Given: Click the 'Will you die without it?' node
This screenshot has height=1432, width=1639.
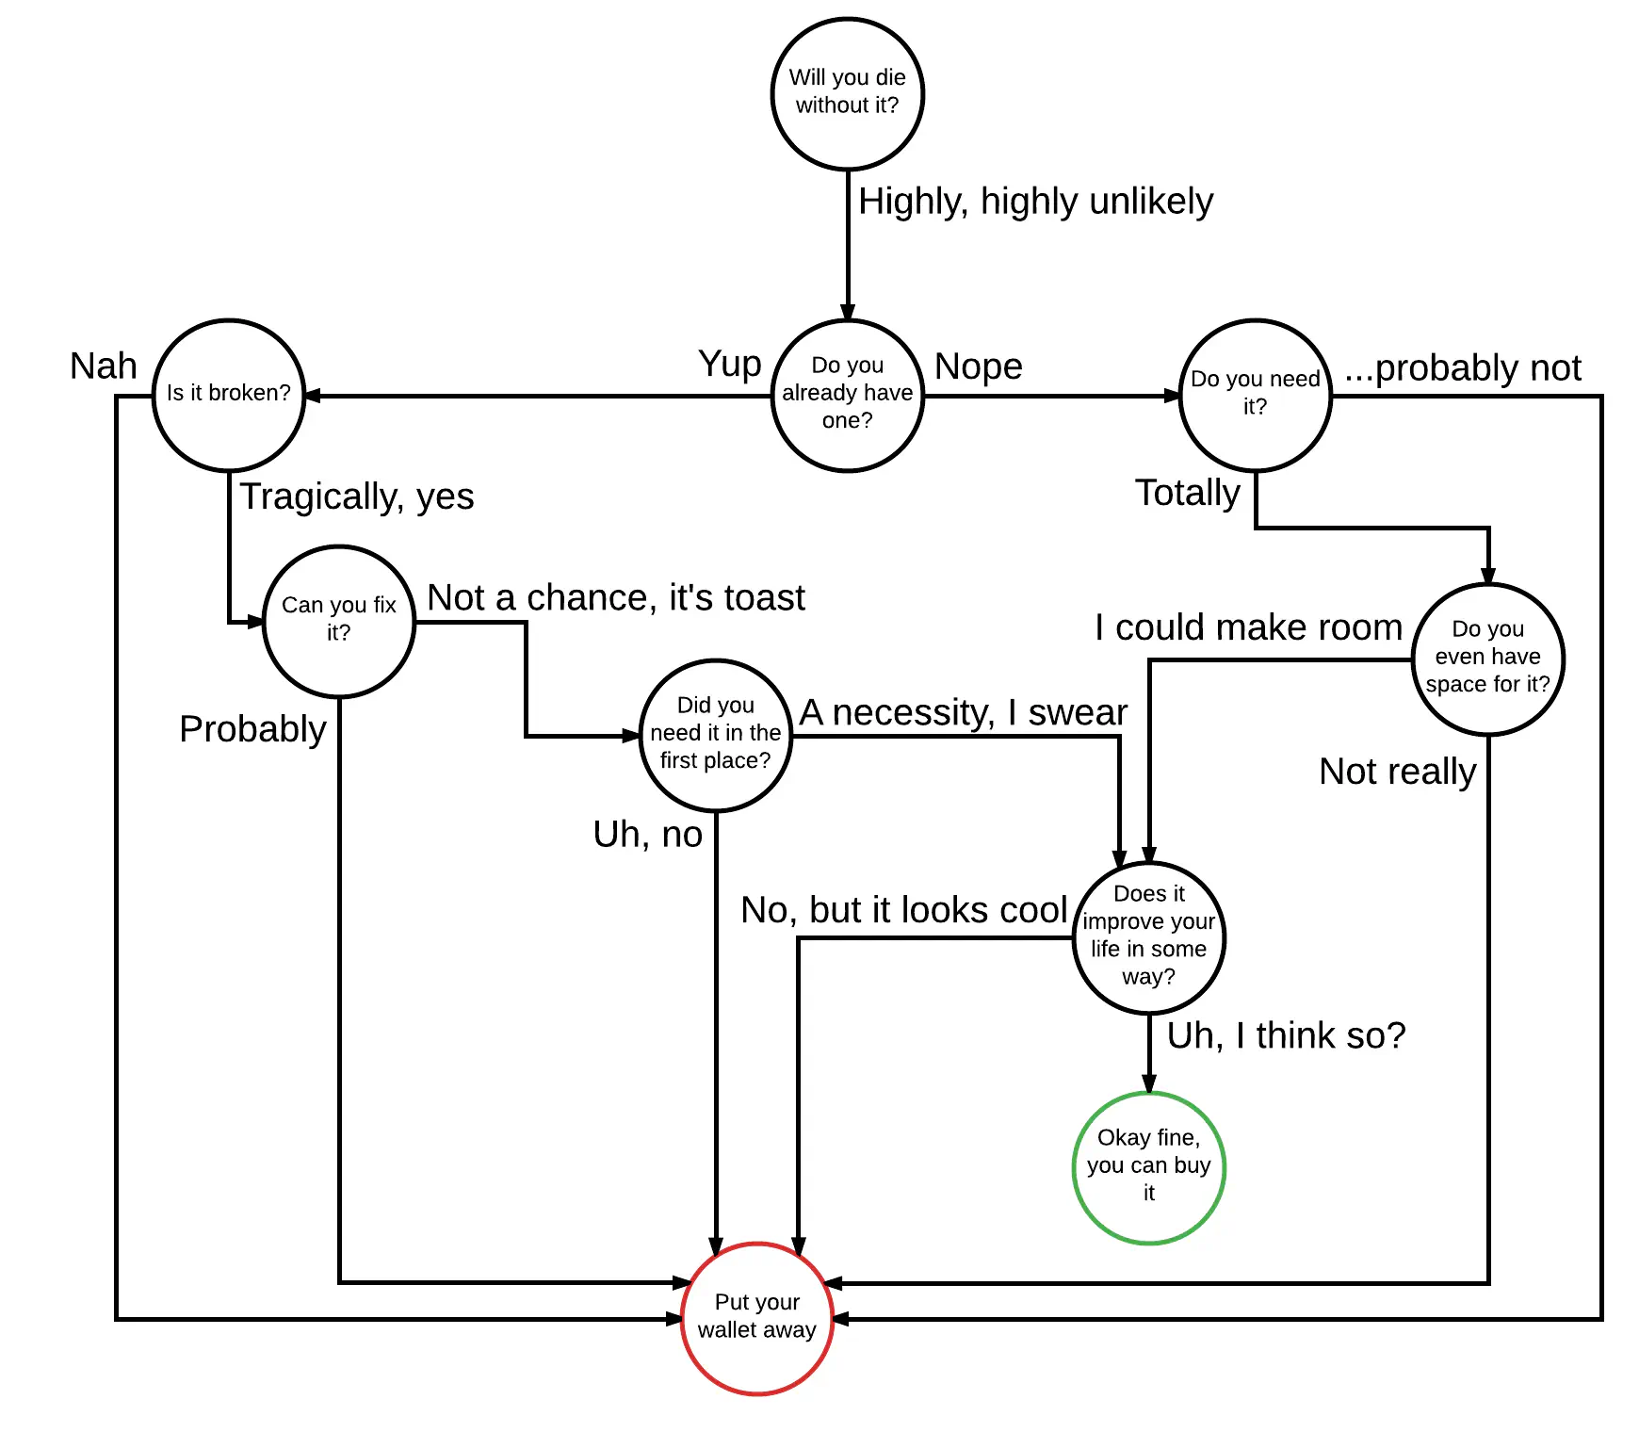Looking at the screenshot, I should coord(848,94).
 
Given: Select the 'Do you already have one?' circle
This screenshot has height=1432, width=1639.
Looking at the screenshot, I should coord(848,395).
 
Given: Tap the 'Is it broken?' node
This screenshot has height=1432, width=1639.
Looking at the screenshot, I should coord(229,395).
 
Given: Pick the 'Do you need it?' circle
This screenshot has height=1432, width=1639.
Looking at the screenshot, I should coord(1256,395).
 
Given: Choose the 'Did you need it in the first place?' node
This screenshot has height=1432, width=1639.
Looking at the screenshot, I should coord(716,735).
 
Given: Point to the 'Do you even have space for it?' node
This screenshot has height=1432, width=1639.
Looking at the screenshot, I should coord(1488,659).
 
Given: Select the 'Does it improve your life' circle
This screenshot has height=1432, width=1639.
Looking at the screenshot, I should coord(1149,937).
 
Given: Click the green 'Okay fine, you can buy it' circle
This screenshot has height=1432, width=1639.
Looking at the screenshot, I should coord(1149,1167).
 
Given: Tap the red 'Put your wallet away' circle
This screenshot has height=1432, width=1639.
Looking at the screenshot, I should coord(757,1318).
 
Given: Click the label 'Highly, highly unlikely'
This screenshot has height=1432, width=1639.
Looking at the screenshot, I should coord(1035,202).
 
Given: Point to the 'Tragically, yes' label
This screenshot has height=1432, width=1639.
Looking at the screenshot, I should coord(357,496).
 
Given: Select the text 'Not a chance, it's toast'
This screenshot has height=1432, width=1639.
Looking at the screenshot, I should coord(616,597).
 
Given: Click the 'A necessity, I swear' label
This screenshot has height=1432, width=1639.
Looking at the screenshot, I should coord(963,712).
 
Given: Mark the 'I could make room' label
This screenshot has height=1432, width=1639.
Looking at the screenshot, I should coord(1248,627).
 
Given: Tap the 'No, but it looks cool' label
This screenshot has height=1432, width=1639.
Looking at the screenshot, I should coord(904,910).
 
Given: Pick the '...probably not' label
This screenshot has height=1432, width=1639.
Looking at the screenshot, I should coord(1463,368).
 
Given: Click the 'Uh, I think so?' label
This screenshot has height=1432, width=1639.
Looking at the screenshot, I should coord(1286,1035).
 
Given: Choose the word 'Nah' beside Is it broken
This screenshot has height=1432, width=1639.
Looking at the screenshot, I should coord(104,366).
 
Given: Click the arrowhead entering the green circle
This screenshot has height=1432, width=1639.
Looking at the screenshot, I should coord(1149,1084).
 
